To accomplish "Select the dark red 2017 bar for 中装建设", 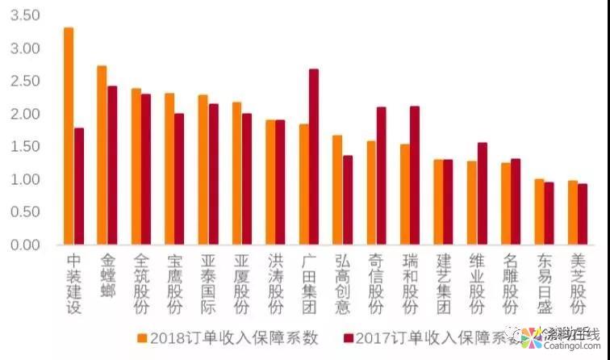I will (79, 186).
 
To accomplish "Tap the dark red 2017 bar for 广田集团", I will (314, 157).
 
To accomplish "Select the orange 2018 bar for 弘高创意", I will (337, 190).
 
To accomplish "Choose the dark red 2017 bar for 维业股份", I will (483, 194).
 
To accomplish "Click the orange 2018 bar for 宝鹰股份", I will (169, 169).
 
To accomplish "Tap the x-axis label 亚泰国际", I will (207, 284).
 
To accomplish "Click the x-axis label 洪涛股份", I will (275, 284).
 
